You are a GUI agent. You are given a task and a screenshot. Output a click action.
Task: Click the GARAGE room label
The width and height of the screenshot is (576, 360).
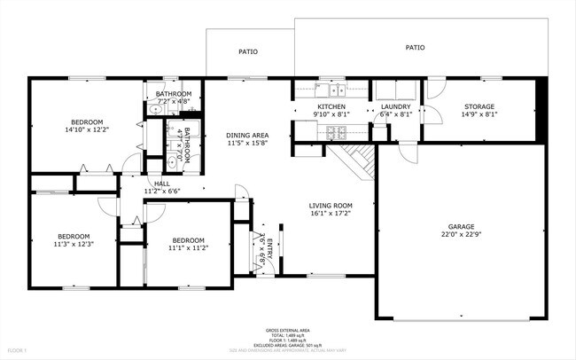[x=461, y=226]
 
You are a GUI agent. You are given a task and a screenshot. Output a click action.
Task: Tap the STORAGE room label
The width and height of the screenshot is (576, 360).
[x=480, y=106]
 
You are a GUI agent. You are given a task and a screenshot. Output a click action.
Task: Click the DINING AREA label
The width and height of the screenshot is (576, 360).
[x=247, y=135]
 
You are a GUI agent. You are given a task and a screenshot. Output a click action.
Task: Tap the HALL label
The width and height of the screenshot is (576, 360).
[x=161, y=184]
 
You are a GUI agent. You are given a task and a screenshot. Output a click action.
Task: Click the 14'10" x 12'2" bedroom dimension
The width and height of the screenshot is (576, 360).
[x=87, y=129]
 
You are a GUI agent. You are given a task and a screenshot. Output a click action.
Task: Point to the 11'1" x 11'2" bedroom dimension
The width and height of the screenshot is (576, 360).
[x=189, y=248]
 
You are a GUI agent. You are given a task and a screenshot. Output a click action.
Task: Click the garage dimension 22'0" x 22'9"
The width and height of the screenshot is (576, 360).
[x=461, y=235]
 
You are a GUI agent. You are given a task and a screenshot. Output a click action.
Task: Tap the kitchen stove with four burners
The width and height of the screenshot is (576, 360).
[x=337, y=133]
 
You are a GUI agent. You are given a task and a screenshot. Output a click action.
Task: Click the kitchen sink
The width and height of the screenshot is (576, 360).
[x=336, y=90]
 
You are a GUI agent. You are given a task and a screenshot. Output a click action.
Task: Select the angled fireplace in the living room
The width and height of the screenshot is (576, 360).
[x=358, y=160]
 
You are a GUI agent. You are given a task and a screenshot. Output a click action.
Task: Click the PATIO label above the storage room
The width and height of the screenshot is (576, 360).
[x=415, y=47]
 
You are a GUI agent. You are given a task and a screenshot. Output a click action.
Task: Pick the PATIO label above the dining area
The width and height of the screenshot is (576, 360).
[x=248, y=51]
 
